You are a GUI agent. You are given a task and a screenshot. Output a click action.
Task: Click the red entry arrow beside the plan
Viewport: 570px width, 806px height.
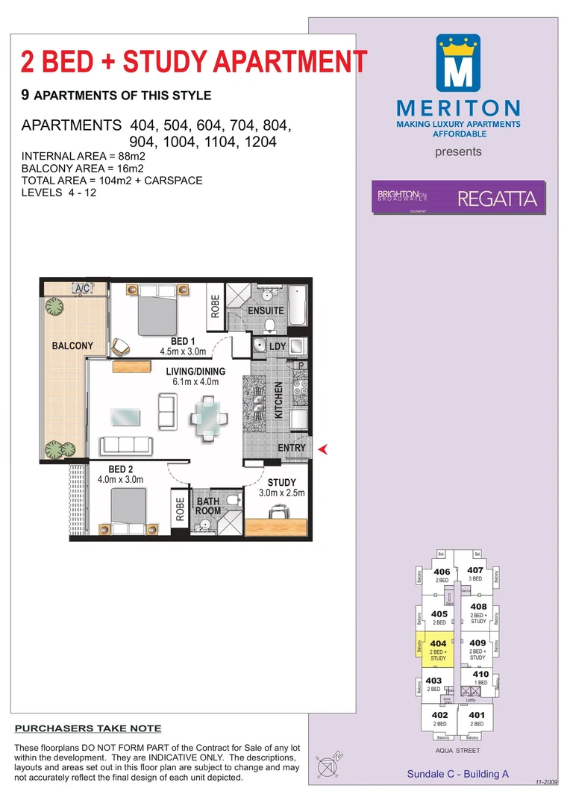click(323, 449)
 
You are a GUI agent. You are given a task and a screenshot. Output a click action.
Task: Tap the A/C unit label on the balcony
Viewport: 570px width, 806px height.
click(81, 288)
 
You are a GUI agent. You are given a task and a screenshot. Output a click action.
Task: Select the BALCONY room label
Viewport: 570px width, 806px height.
click(72, 346)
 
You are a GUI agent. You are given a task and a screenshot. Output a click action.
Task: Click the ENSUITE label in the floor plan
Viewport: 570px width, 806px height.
click(266, 310)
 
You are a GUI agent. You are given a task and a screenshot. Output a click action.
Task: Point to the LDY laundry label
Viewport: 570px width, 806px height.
click(278, 346)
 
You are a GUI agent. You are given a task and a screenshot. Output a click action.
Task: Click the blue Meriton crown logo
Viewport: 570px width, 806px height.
click(458, 63)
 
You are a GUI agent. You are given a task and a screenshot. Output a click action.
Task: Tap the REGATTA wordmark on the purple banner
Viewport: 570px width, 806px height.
click(497, 199)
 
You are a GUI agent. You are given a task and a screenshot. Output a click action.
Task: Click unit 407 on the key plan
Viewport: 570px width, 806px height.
click(475, 574)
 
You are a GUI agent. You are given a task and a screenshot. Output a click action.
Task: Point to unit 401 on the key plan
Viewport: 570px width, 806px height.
click(477, 718)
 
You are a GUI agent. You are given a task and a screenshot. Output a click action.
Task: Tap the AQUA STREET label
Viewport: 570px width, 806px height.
click(458, 751)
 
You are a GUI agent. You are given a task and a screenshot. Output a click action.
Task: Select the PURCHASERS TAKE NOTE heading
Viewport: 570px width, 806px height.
click(88, 728)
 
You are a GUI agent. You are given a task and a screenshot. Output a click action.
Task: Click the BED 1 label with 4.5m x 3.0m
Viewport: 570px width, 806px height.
click(183, 346)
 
